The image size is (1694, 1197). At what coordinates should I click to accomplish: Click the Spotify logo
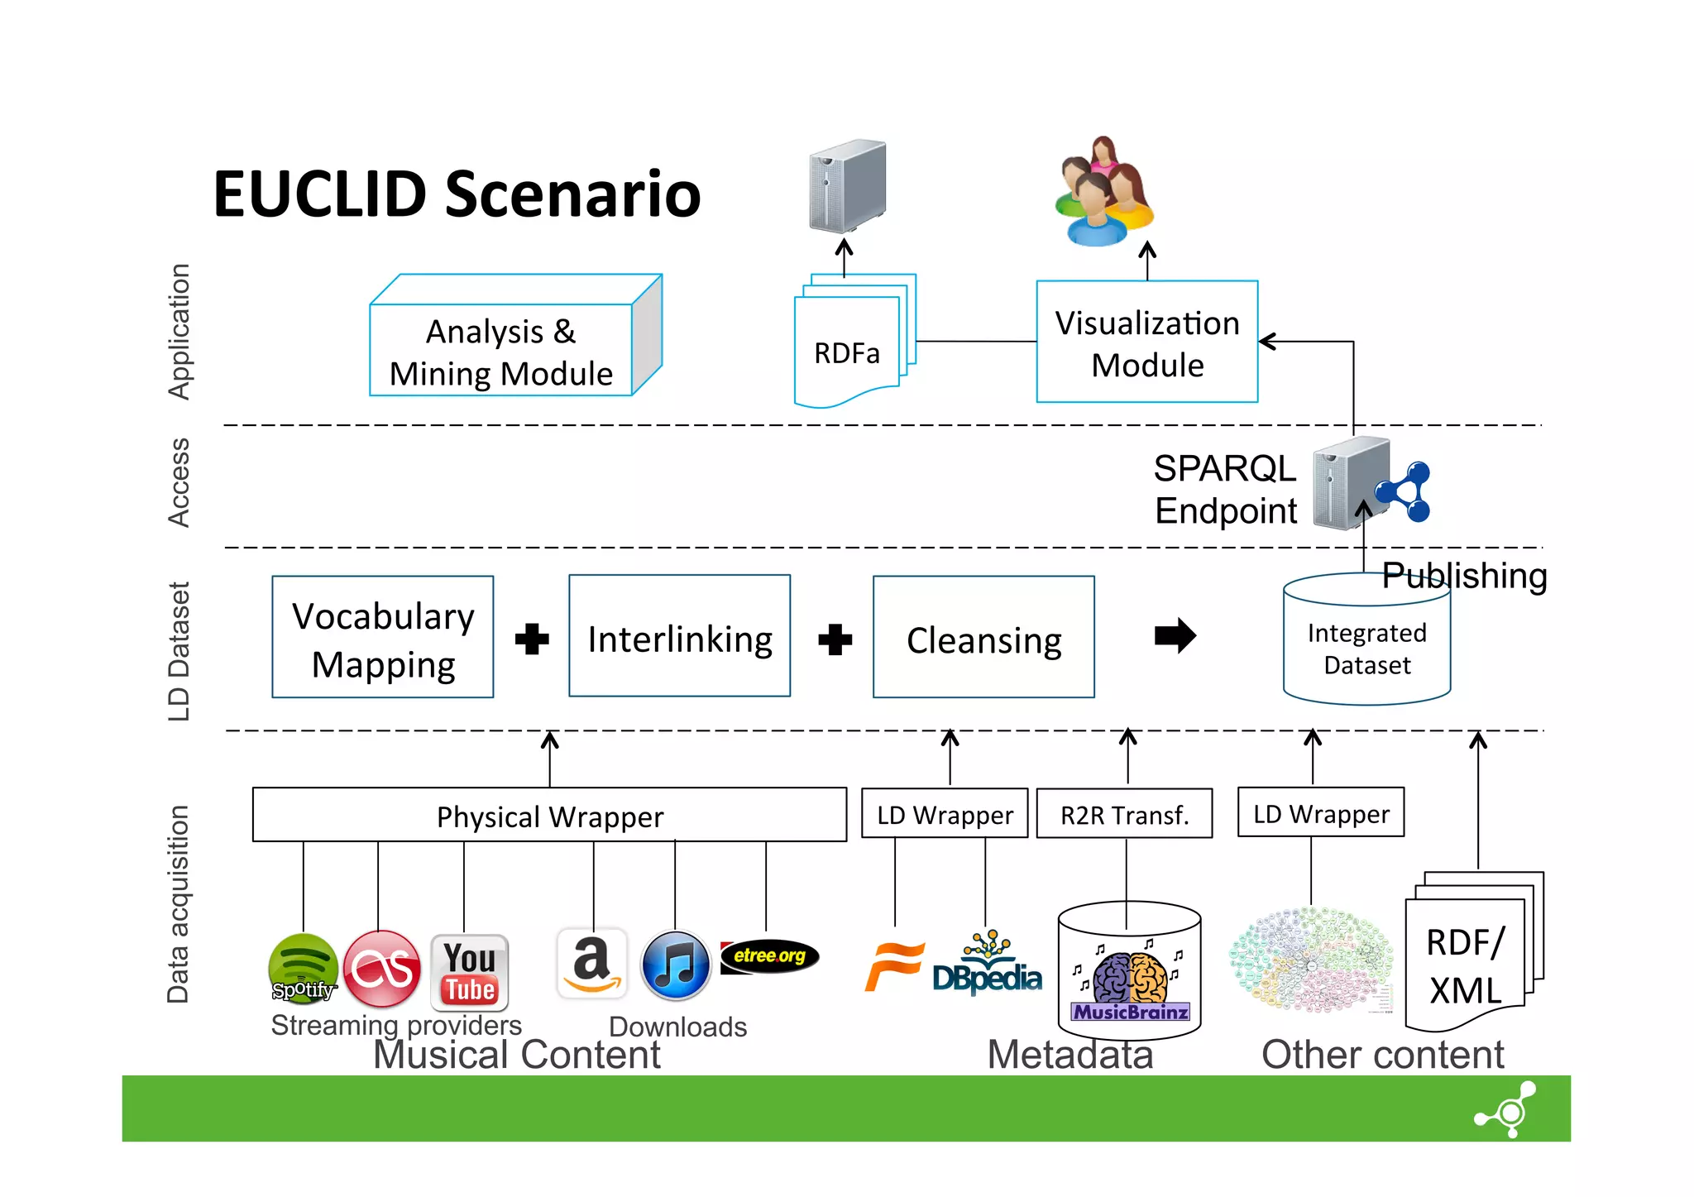coord(303,968)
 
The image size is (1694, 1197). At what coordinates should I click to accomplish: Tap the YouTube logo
coord(469,973)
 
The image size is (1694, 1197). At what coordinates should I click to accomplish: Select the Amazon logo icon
coord(591,965)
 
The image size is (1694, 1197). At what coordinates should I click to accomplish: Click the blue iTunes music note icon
coord(676,966)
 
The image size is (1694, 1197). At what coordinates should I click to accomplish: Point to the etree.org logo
coord(769,956)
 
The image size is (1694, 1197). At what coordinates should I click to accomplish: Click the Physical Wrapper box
coord(549,816)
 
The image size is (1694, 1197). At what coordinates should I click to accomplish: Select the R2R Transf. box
coord(1124,815)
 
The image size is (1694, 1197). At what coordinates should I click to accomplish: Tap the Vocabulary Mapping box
coord(383,638)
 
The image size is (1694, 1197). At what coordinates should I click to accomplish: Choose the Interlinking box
coord(679,638)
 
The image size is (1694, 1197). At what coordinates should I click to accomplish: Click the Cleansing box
coord(983,639)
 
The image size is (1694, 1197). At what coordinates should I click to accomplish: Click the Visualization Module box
coord(1147,342)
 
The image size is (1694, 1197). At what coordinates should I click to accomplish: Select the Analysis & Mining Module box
coord(501,352)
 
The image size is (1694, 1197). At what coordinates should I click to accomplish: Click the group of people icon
coord(1103,194)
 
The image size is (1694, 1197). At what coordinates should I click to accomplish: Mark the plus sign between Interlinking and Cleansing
coord(835,639)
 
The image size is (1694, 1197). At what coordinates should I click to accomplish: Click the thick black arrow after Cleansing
coord(1175,636)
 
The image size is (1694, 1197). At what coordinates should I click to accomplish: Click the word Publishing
coord(1464,576)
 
